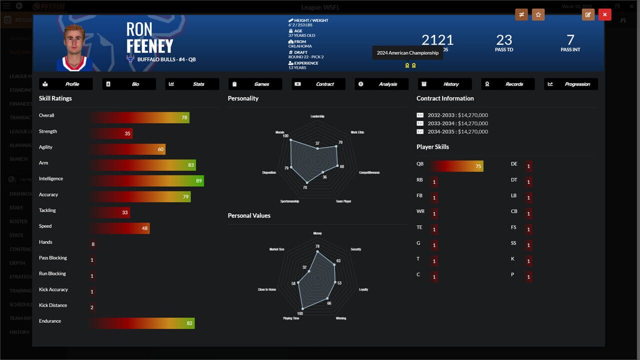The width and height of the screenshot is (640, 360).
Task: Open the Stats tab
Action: click(192, 84)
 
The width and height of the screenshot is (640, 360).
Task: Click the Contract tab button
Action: click(318, 84)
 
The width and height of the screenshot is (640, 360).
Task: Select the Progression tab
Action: click(571, 84)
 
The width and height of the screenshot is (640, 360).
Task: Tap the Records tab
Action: click(508, 84)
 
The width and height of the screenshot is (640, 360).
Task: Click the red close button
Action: click(604, 14)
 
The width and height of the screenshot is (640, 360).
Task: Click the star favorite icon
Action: click(538, 14)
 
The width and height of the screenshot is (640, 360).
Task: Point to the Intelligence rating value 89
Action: click(199, 181)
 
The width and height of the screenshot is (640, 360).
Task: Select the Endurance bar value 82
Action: click(189, 323)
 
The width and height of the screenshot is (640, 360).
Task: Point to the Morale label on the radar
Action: click(279, 132)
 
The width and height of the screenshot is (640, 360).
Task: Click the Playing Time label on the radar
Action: click(291, 318)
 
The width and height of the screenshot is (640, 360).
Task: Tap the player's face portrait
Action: click(74, 47)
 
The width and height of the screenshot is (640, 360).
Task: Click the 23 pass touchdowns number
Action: click(504, 40)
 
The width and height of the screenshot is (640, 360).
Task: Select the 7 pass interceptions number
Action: click(570, 40)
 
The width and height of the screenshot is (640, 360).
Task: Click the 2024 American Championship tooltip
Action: click(407, 53)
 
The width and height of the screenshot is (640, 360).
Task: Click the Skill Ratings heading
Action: click(55, 98)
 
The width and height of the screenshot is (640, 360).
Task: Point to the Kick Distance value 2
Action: click(92, 307)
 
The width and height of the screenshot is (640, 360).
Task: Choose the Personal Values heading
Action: click(249, 215)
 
